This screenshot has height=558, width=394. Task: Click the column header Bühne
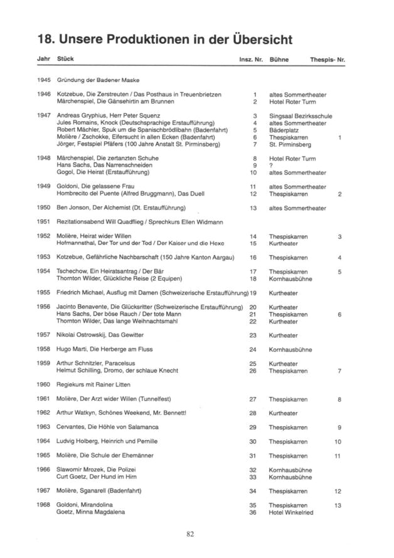pos(278,59)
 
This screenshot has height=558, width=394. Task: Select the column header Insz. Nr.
pos(250,59)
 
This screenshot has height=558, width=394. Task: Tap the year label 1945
pos(43,80)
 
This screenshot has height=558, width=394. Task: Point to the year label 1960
pos(43,384)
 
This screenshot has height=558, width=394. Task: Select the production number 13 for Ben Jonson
pos(253,208)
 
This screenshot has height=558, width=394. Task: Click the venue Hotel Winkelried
pos(290,512)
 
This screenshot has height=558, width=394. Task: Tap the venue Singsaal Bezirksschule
pos(301,116)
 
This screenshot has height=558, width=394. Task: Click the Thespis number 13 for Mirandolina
pos(338,505)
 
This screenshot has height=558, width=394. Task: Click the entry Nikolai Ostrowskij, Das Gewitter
pos(100,336)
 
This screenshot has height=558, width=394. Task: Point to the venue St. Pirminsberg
pos(290,144)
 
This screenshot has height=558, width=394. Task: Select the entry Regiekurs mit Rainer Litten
pos(95,384)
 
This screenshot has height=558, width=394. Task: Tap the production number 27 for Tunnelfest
pos(253,399)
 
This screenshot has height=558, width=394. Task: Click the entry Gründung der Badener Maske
pos(97,80)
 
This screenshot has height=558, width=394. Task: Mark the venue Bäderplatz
pos(284,130)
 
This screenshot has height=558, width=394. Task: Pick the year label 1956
pos(43,307)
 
